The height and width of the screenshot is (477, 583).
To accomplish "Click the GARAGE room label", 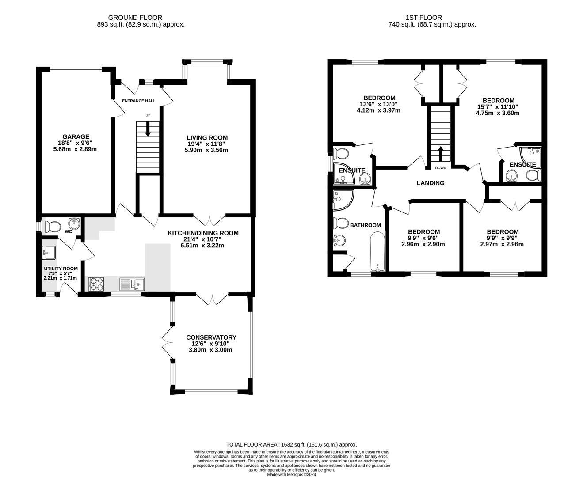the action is (x=76, y=136).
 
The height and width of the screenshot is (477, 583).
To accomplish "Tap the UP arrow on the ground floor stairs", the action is (x=148, y=129).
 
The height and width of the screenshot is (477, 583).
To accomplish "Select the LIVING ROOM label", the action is (x=207, y=137).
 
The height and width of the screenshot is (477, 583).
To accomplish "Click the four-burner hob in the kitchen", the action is (x=96, y=284).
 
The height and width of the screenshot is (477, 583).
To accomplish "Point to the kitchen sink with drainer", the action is (x=132, y=284).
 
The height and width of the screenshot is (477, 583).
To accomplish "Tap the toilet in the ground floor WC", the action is (x=53, y=227).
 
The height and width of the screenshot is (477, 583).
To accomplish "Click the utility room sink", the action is (x=49, y=253).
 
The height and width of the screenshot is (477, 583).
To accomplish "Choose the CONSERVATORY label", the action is (x=211, y=337).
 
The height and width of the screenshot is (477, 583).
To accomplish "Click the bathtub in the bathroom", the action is (x=377, y=251).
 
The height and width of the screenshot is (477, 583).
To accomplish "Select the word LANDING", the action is (x=431, y=183).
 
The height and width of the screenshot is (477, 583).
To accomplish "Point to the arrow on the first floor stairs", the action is (x=440, y=154).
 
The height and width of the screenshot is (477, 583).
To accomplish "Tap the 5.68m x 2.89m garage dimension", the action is (x=75, y=149).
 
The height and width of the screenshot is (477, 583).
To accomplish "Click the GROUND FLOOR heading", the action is (x=135, y=18).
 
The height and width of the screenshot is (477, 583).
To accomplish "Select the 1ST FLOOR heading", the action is (x=424, y=18).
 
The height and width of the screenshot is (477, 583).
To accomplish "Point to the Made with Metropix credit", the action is (x=291, y=474).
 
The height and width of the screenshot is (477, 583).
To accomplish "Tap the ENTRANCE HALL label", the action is (x=139, y=101).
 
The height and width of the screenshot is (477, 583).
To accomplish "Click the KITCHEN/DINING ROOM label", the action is (x=203, y=233).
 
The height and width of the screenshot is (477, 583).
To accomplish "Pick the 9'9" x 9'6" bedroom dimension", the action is (x=423, y=238).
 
